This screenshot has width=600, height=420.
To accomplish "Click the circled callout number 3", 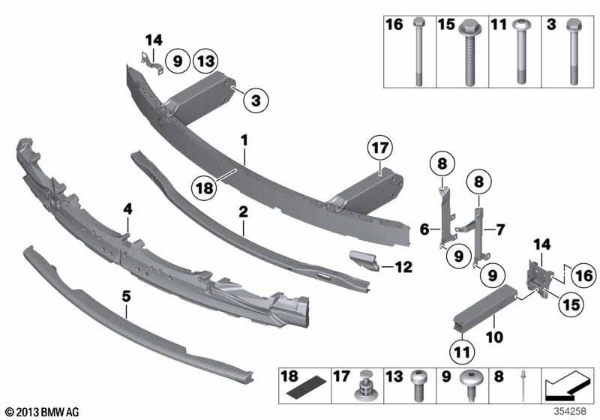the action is pyautogui.click(x=256, y=100).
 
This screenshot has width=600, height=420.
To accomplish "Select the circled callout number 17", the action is pyautogui.click(x=379, y=148).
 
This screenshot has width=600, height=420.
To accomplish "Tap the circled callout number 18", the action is pyautogui.click(x=205, y=187).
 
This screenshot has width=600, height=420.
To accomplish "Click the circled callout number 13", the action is pyautogui.click(x=205, y=61).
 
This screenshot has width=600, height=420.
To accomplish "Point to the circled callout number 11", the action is pyautogui.click(x=461, y=352).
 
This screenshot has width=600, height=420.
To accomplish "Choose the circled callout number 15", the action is pyautogui.click(x=571, y=304).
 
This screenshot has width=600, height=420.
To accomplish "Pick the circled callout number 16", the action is pyautogui.click(x=584, y=275).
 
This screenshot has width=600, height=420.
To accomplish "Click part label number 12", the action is pyautogui.click(x=403, y=268).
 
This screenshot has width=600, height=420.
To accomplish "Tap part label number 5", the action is pyautogui.click(x=126, y=296).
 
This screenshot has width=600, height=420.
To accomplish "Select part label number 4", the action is pyautogui.click(x=127, y=208).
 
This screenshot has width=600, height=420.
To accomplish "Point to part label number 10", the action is pyautogui.click(x=494, y=337).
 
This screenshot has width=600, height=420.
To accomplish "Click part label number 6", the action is pyautogui.click(x=424, y=229).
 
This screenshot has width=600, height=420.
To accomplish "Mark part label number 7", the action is pyautogui.click(x=500, y=229).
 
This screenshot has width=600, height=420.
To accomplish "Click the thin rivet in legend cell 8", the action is pyautogui.click(x=522, y=385).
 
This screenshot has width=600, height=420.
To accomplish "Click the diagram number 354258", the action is pyautogui.click(x=570, y=411).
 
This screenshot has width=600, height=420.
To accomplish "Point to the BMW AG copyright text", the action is pyautogui.click(x=43, y=412).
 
